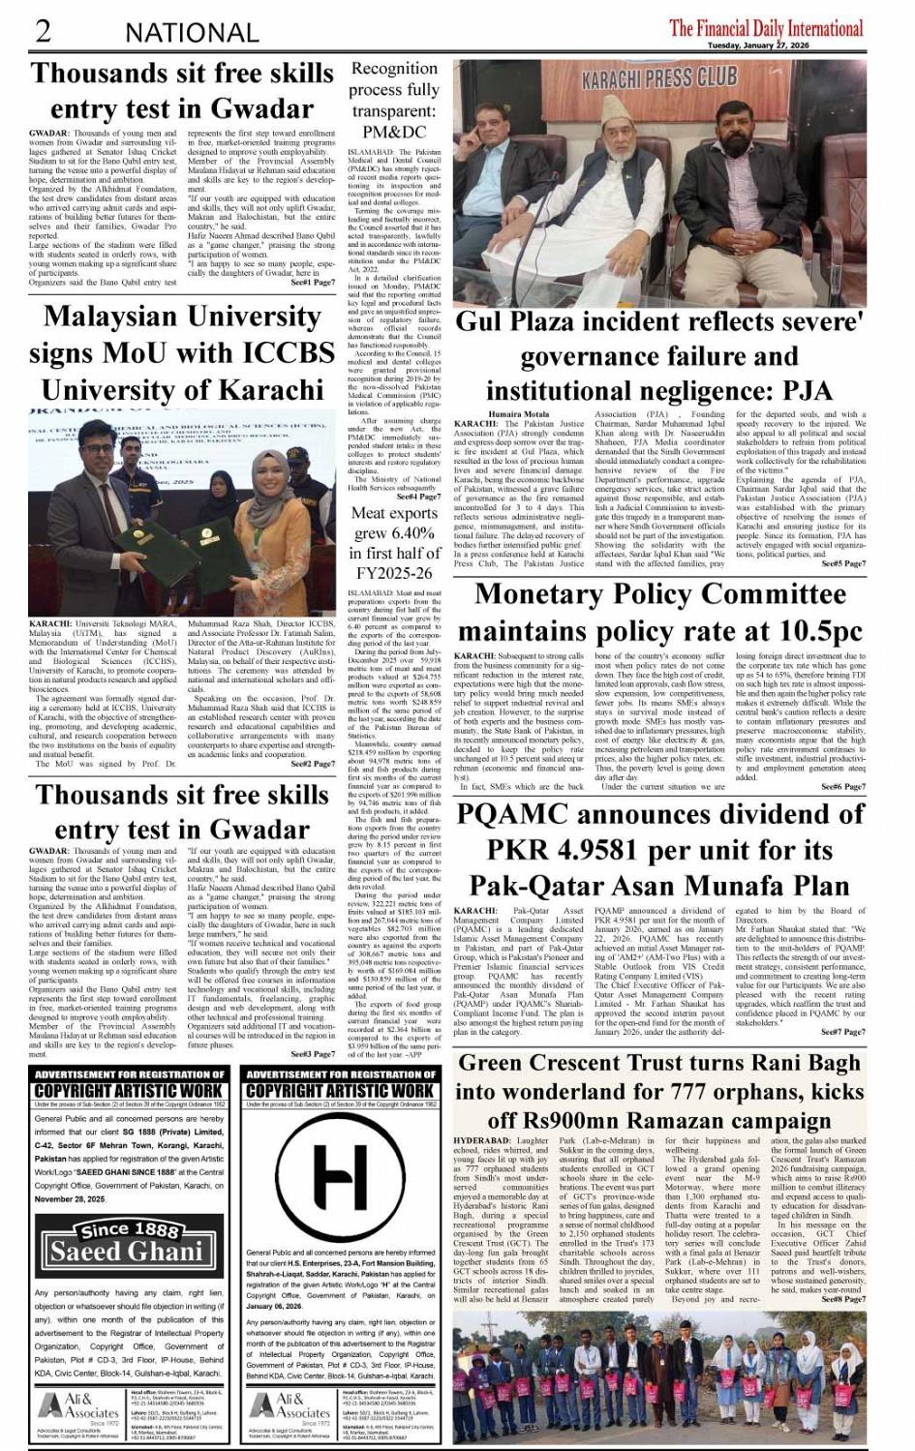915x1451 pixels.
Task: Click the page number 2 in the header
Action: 44,31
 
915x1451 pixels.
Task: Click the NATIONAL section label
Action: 192,33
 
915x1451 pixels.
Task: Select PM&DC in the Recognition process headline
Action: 394,132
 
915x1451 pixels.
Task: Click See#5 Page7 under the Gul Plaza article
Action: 843,563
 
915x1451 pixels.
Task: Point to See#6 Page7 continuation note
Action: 843,787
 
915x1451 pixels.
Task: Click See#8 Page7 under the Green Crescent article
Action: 843,1299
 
